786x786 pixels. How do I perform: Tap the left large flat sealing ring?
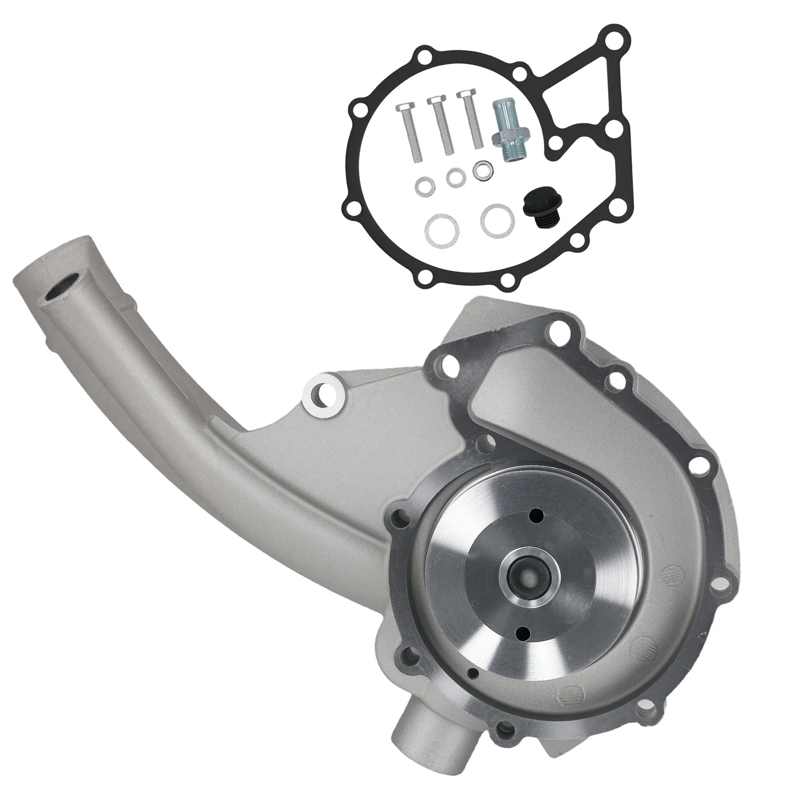(440, 225)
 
